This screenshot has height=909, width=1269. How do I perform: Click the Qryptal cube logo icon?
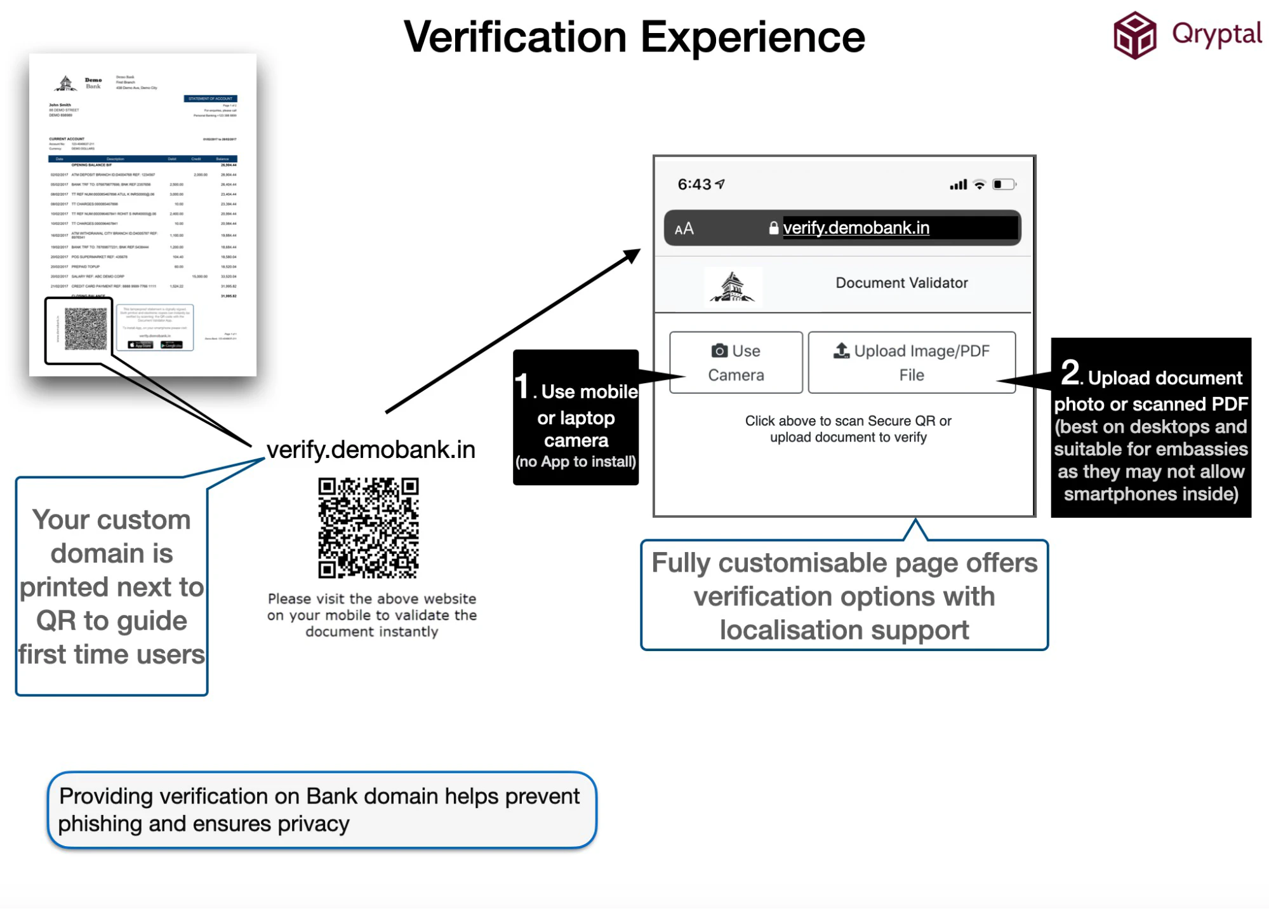pos(1134,36)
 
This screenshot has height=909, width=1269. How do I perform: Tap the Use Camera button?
pos(736,363)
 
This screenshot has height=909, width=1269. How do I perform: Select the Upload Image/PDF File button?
pos(912,363)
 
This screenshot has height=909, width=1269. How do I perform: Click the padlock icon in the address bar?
pos(773,228)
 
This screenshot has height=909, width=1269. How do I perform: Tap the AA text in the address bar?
pos(684,229)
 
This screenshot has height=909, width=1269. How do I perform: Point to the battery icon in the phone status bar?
pos(1004,184)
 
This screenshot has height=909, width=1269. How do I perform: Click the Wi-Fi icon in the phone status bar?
pos(980,185)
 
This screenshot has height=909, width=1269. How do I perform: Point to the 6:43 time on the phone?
pos(694,184)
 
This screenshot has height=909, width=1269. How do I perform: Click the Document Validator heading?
pos(901,283)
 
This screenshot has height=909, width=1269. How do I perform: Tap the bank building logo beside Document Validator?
pos(733,287)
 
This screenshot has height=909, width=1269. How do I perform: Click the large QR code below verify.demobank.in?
pos(368,528)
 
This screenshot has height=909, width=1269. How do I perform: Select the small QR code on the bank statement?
pos(86,328)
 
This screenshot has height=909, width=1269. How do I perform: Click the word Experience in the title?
pos(752,37)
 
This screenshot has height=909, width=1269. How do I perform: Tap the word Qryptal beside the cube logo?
pos(1216,34)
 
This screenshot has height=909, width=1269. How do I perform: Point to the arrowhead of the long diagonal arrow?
pos(634,255)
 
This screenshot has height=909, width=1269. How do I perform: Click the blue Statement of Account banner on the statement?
pos(210,98)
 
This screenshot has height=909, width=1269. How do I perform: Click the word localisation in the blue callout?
pos(790,631)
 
